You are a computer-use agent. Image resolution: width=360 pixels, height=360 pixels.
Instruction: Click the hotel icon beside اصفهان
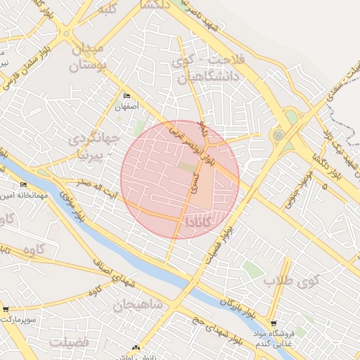coord(127,96)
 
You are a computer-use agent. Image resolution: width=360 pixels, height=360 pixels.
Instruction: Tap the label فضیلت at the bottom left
coord(69,342)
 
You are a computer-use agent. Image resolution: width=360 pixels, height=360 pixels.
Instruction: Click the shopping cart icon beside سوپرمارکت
coord(6,309)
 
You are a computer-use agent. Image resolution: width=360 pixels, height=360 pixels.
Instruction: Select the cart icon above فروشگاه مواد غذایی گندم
coord(274,323)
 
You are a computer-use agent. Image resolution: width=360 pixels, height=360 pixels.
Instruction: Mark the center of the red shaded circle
coord(180,179)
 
